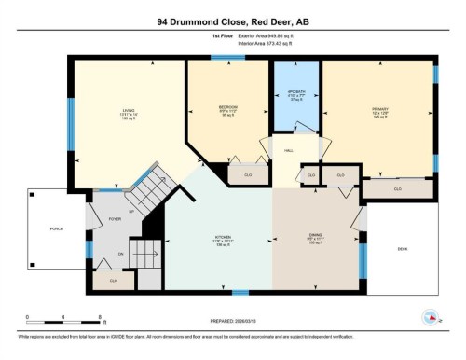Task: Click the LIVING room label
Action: point(128,112)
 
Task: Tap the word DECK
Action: point(403,249)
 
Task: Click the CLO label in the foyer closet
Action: point(113,280)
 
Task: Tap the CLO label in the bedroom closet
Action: point(248,173)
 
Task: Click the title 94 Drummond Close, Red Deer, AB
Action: point(233,20)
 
